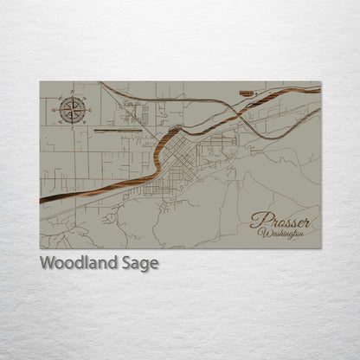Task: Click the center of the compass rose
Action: coord(72,109)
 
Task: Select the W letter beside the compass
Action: coord(55,110)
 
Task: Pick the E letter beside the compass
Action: coord(89,109)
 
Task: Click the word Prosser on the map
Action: coord(280,222)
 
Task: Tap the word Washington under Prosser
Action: coord(281,235)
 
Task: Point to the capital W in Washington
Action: coord(262,234)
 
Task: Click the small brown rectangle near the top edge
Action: coord(247,91)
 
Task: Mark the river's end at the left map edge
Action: coord(42,201)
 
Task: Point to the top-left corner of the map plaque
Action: coord(40,82)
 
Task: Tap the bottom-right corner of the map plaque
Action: coord(320,248)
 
